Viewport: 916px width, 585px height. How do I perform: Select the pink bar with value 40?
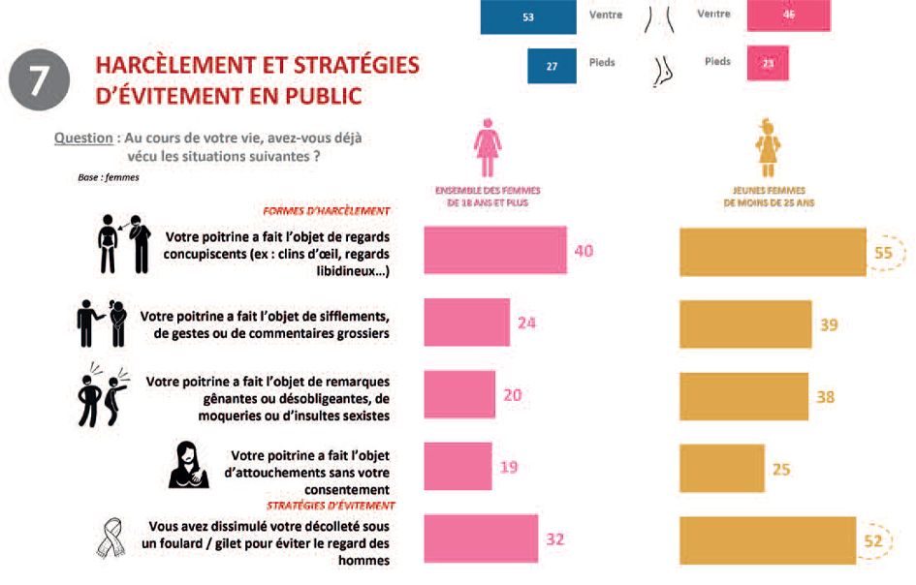494,251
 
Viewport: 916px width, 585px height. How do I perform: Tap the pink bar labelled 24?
466,323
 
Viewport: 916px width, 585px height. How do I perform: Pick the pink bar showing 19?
458,468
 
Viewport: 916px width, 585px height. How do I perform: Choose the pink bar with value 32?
480,539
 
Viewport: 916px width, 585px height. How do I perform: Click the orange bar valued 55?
773,251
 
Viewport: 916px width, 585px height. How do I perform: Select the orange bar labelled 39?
745,324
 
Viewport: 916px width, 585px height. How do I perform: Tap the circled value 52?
873,540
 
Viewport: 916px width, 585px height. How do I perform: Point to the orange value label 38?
826,397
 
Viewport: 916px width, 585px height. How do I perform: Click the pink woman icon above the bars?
487,146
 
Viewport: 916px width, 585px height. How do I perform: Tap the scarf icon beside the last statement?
110,540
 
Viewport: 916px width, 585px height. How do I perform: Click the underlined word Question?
83,139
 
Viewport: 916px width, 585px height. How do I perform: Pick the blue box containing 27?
552,65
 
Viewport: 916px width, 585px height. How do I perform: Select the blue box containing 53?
527,15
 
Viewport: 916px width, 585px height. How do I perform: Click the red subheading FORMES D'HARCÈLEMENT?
327,210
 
